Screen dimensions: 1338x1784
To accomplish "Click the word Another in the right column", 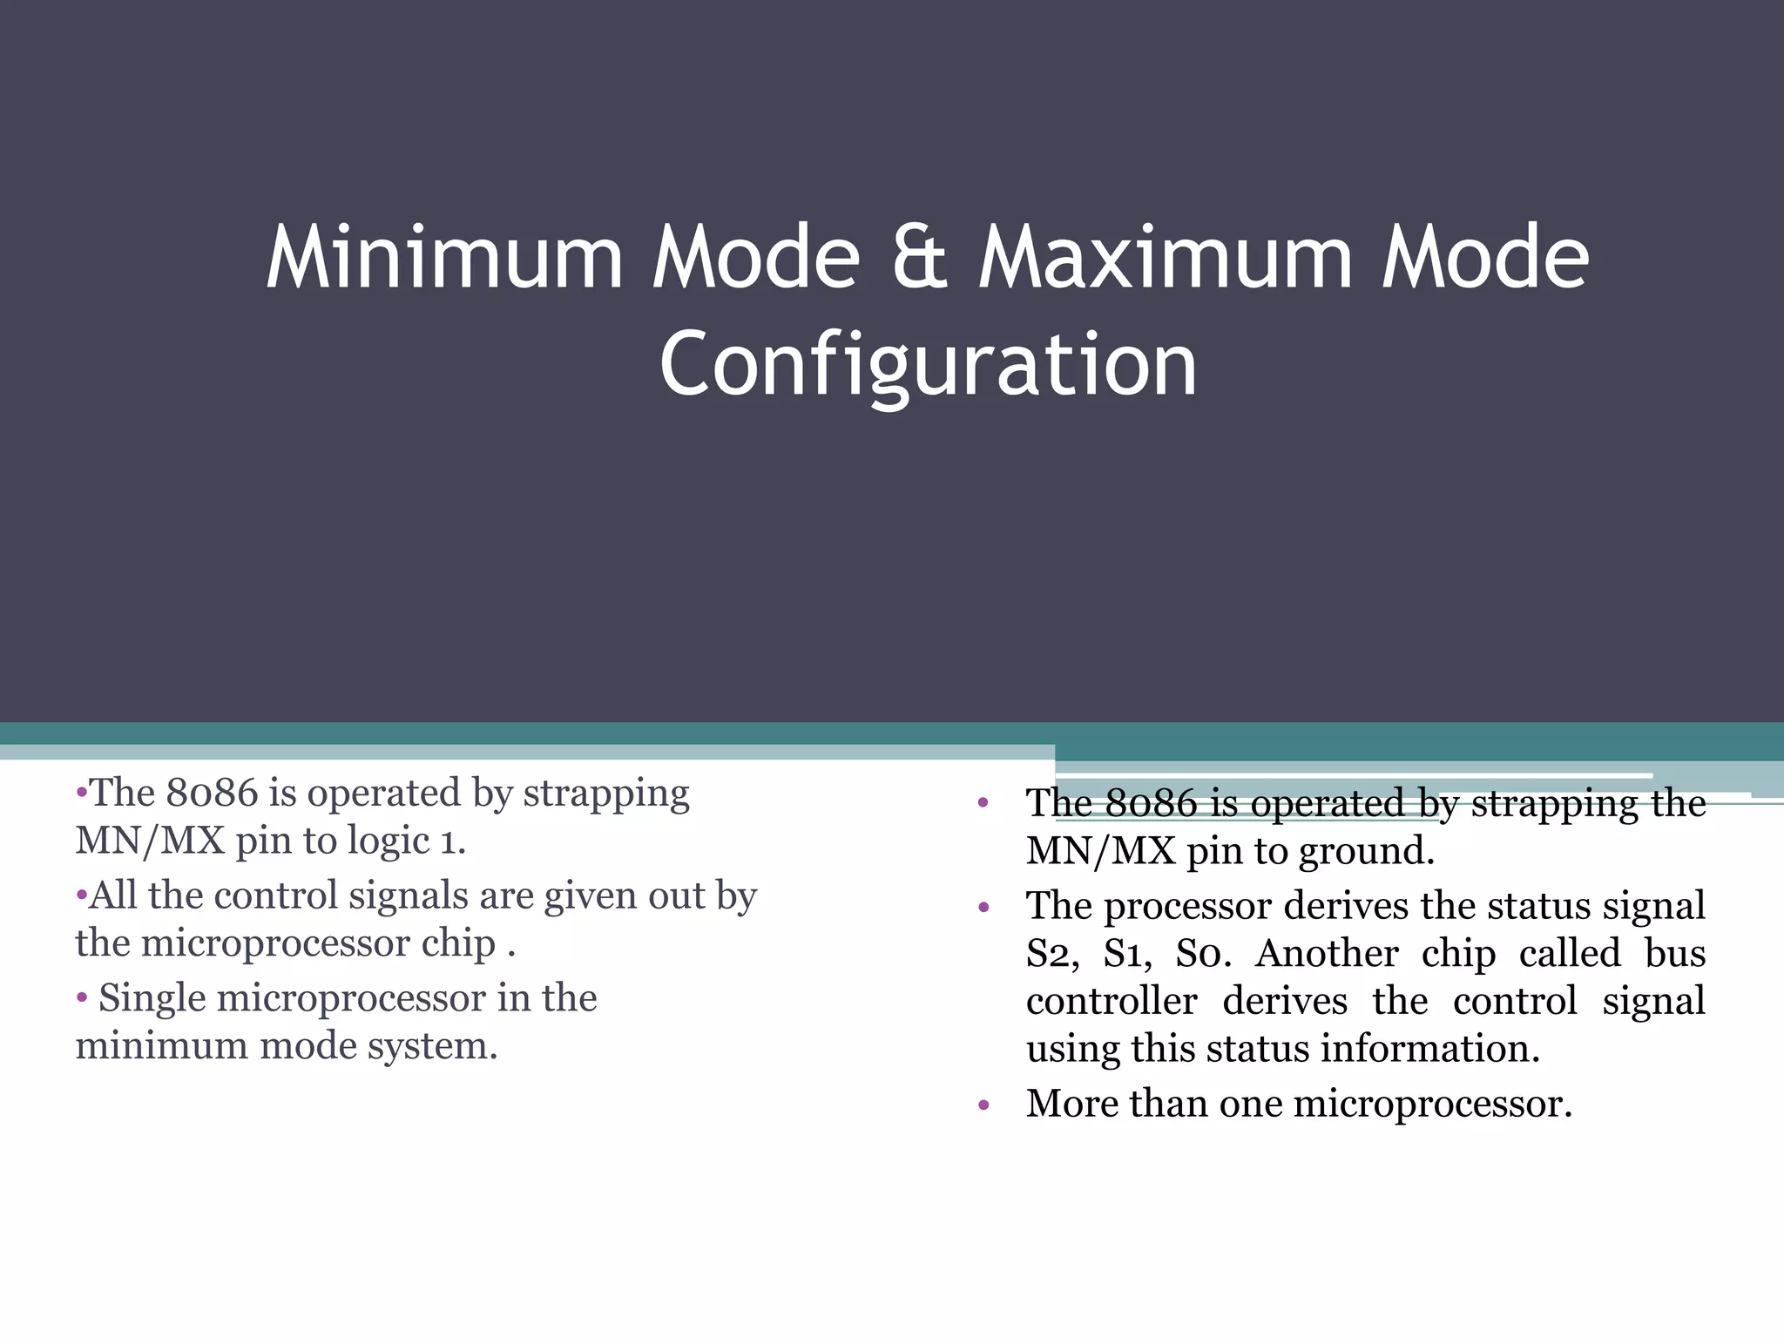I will click(x=1327, y=953).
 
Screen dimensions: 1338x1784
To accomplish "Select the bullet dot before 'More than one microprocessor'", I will click(x=983, y=1105).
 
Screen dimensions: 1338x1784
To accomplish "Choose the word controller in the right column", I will click(x=1112, y=1001).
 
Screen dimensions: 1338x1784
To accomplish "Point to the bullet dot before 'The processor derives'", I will click(x=983, y=908).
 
